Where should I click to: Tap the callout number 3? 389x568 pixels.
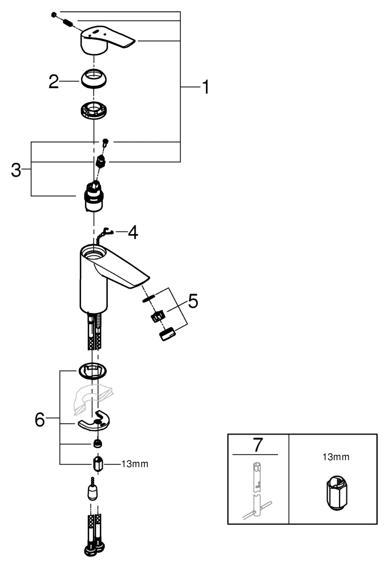click(16, 170)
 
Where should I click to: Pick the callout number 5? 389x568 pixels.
click(193, 300)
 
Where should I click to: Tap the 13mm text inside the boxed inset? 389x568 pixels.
click(332, 457)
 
